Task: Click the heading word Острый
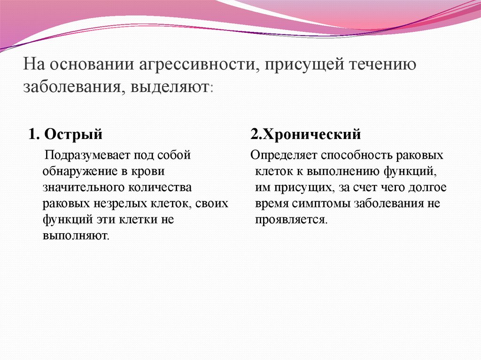pos(74,135)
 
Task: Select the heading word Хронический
pos(311,135)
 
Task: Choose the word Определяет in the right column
pos(278,155)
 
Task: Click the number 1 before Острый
pos(32,135)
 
